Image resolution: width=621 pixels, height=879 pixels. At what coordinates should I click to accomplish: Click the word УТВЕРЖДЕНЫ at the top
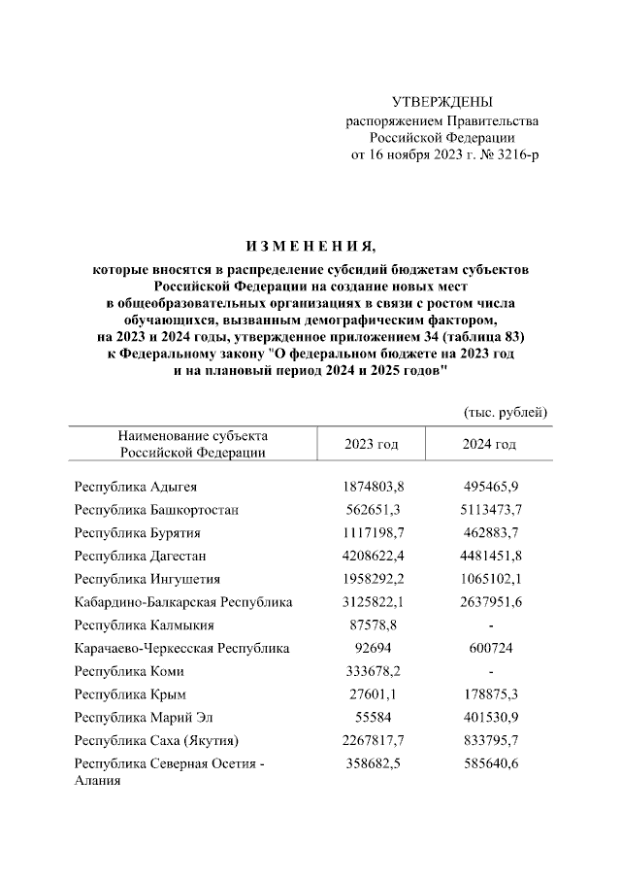tap(441, 102)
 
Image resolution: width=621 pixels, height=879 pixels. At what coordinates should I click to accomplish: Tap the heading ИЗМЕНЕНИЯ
tap(310, 245)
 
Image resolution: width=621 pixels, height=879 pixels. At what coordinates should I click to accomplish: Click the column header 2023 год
tap(372, 444)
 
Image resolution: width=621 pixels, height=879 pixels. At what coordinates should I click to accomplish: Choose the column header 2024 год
tap(488, 444)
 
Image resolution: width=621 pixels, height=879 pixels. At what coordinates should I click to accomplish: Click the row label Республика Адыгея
tap(136, 487)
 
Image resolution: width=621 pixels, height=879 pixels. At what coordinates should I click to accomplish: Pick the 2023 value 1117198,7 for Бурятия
tap(372, 533)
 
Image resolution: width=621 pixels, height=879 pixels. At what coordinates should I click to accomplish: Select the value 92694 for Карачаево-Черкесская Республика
tap(372, 649)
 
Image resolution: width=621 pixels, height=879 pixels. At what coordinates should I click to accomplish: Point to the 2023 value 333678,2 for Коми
tap(372, 672)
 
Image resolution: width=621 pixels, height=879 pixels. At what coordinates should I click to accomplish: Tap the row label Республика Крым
tap(130, 695)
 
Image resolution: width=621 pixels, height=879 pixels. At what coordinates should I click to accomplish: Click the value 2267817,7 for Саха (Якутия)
tap(372, 742)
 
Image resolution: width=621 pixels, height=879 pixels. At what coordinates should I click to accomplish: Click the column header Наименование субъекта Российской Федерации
tap(192, 444)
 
